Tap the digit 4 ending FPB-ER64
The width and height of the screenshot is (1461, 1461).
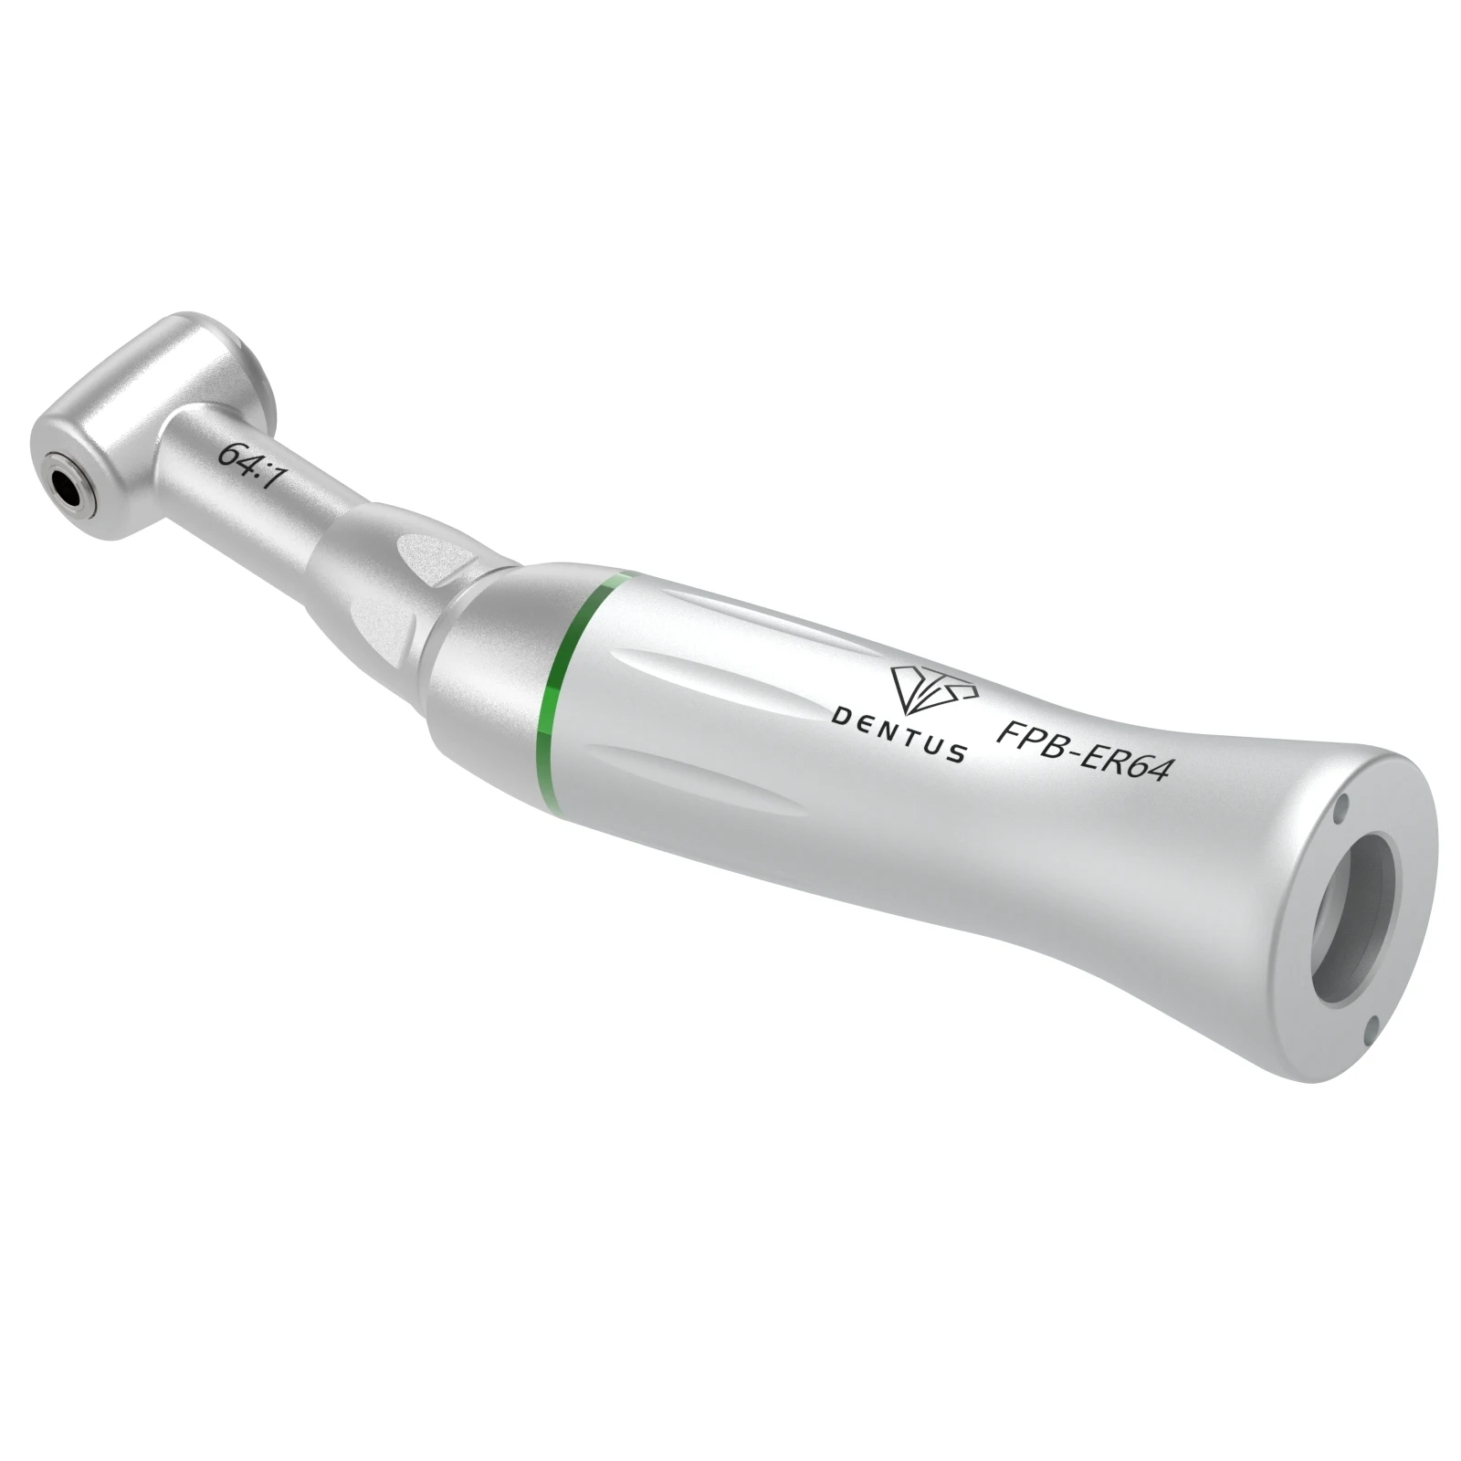pyautogui.click(x=1158, y=771)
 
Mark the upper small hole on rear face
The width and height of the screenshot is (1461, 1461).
pyautogui.click(x=1340, y=807)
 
